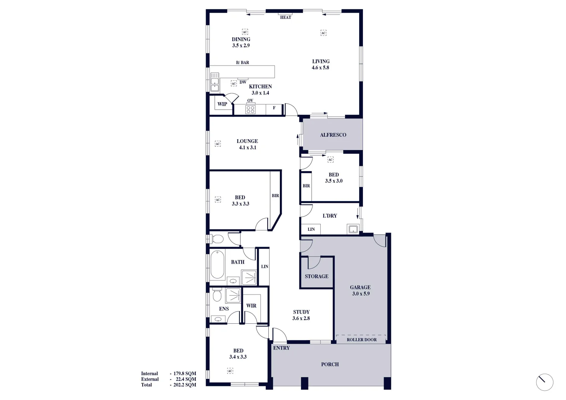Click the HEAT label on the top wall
[285, 17]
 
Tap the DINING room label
[241, 39]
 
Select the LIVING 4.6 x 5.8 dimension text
[320, 68]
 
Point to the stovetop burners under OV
[250, 109]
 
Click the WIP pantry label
[222, 104]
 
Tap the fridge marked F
[274, 108]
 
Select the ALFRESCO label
[333, 135]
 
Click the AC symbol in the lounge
[218, 144]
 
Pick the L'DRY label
[330, 216]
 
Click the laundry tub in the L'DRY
[353, 229]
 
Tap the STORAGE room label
[317, 276]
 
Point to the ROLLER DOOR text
[361, 340]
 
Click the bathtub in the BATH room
[217, 265]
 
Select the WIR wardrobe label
[251, 306]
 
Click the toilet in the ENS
[217, 295]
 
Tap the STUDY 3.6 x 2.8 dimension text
[301, 319]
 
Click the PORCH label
[330, 364]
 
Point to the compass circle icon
[545, 382]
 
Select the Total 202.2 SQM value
[185, 385]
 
